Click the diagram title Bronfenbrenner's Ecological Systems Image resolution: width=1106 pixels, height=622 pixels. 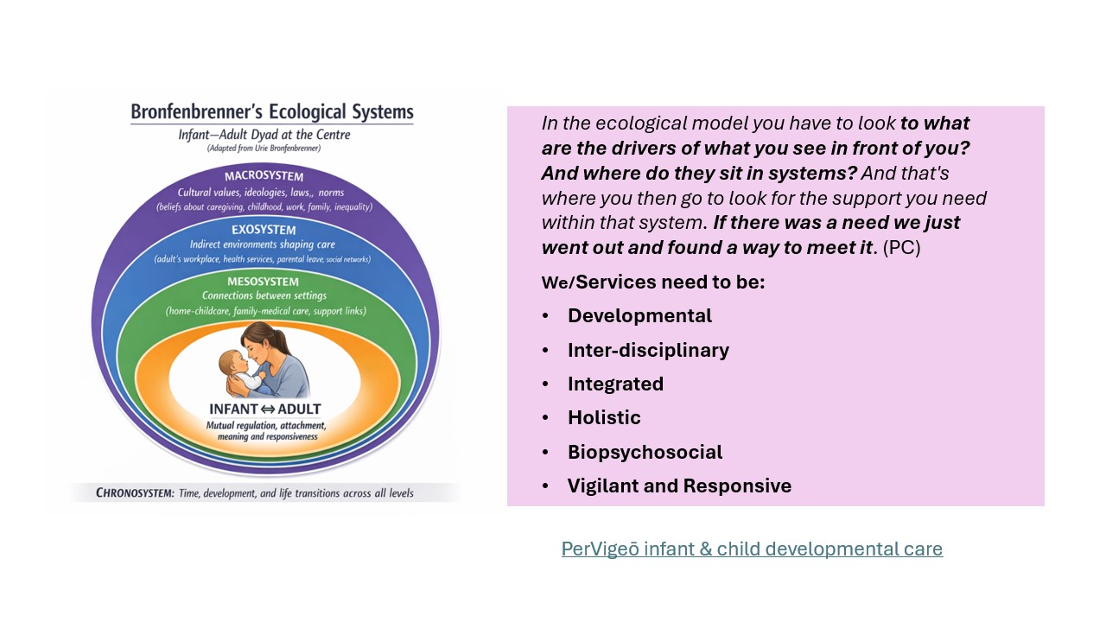[271, 112]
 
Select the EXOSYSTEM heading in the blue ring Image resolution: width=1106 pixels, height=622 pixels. [264, 230]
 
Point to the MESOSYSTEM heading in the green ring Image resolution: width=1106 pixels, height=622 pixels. [263, 282]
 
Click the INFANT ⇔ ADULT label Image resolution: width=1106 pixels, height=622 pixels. [264, 409]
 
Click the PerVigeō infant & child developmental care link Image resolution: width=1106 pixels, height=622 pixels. [752, 549]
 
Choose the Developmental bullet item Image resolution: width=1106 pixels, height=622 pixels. [639, 316]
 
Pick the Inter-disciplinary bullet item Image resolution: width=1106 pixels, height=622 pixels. [648, 350]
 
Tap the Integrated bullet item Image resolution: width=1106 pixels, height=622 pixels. [615, 384]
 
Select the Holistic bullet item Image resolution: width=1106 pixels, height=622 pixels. [604, 418]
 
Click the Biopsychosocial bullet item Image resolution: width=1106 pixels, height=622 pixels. [645, 452]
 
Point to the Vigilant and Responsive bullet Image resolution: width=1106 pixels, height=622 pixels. [679, 486]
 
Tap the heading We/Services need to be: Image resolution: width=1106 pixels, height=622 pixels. [652, 282]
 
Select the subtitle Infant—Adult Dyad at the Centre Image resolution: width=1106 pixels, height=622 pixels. [264, 135]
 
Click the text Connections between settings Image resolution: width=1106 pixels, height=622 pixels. [264, 296]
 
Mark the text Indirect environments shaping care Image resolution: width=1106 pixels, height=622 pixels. [263, 244]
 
